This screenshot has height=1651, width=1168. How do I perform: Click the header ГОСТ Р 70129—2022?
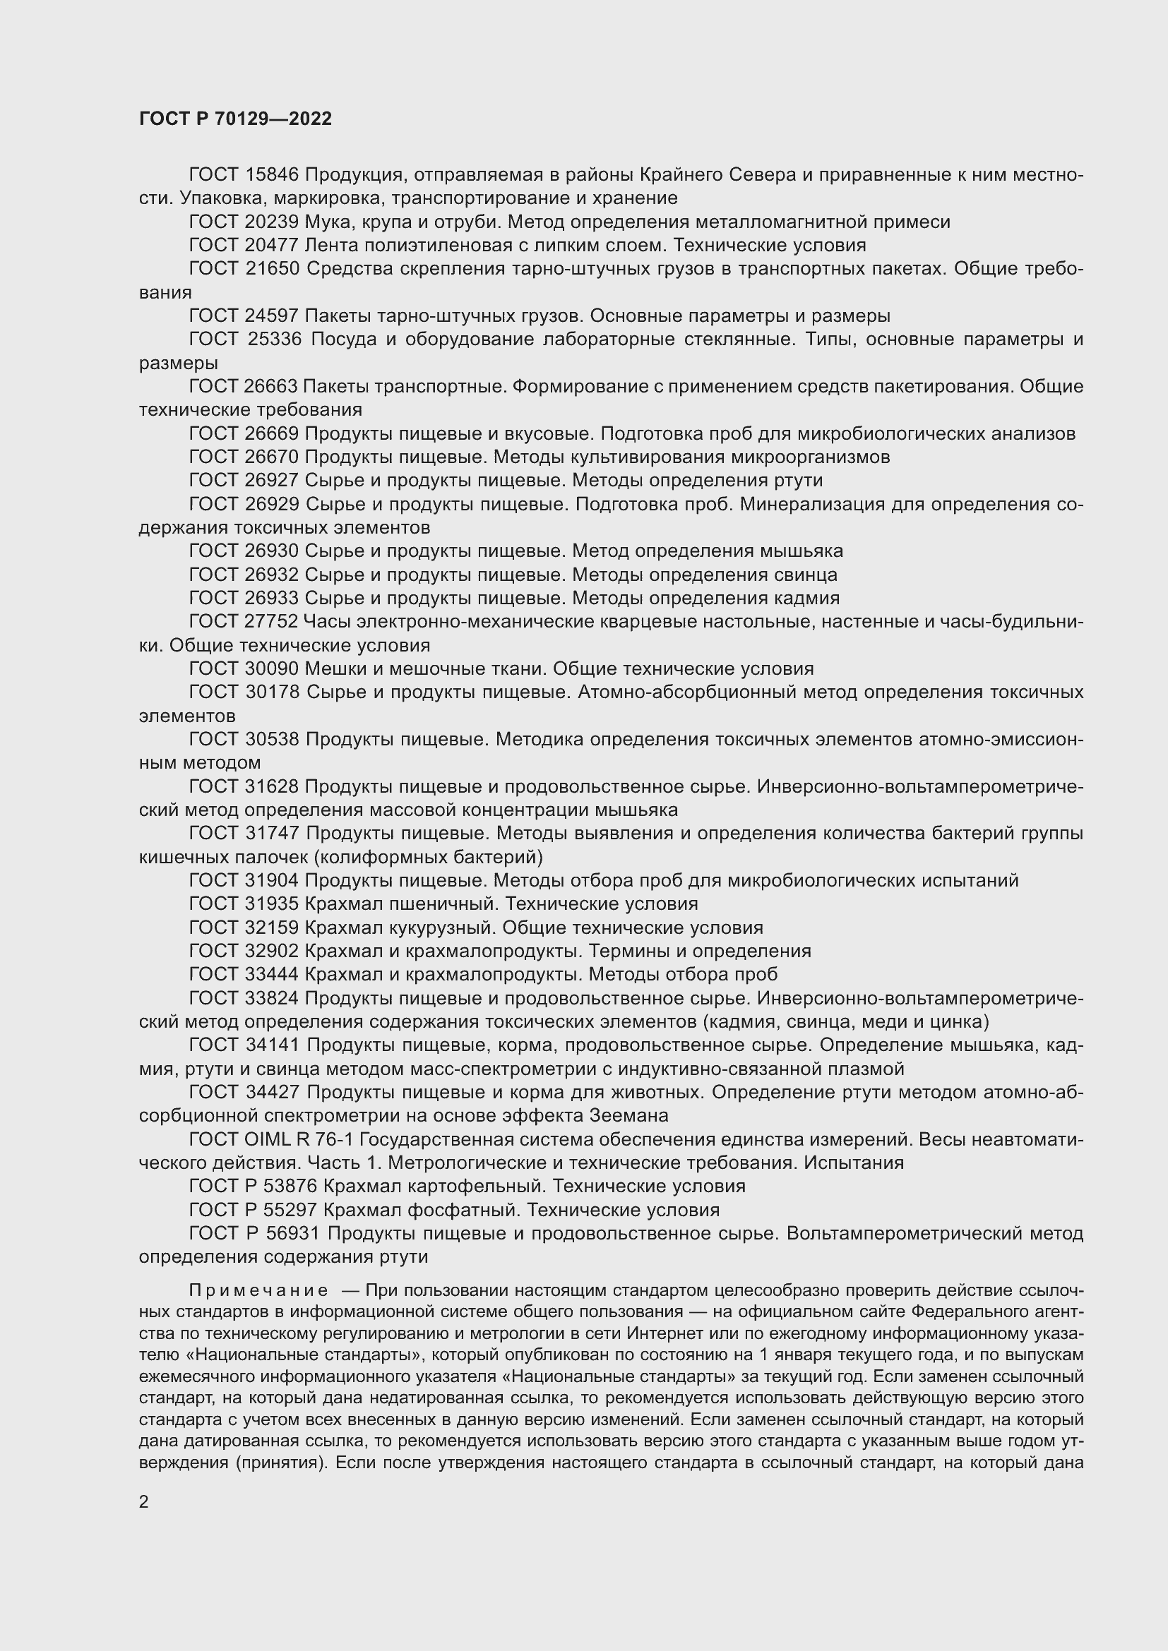pyautogui.click(x=235, y=119)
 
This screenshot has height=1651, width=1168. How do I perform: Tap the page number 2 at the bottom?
pyautogui.click(x=144, y=1501)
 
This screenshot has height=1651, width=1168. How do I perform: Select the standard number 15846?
pyautogui.click(x=272, y=175)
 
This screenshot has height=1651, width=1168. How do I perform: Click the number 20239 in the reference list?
pyautogui.click(x=272, y=222)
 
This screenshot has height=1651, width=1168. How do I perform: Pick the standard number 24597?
pyautogui.click(x=272, y=316)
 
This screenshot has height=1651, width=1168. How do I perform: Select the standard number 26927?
pyautogui.click(x=272, y=481)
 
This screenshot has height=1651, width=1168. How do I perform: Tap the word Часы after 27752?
pyautogui.click(x=326, y=621)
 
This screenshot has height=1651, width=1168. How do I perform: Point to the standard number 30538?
pyautogui.click(x=272, y=739)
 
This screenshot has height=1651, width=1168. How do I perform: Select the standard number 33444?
pyautogui.click(x=272, y=974)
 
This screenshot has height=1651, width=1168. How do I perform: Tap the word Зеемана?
pyautogui.click(x=628, y=1115)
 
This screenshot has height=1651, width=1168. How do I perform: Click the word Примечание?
pyautogui.click(x=258, y=1291)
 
